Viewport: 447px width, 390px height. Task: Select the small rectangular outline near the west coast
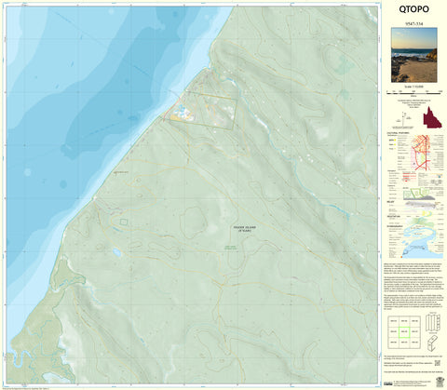[x=121, y=222]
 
